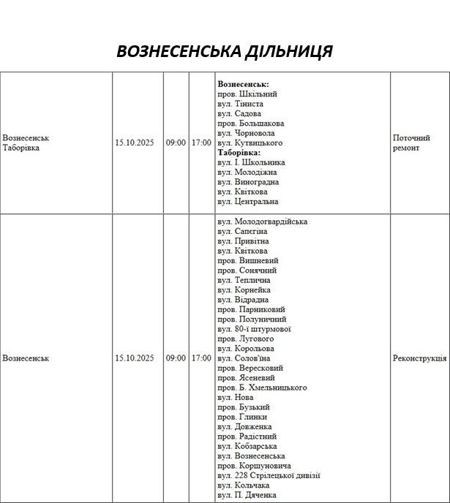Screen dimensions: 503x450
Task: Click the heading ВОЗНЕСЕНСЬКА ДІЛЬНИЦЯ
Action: pyautogui.click(x=225, y=51)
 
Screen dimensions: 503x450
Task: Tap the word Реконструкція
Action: pyautogui.click(x=419, y=358)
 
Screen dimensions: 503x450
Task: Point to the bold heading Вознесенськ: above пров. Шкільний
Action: pyautogui.click(x=243, y=84)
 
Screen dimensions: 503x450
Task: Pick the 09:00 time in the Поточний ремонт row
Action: pyautogui.click(x=176, y=143)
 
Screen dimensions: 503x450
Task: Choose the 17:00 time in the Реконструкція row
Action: pyautogui.click(x=201, y=358)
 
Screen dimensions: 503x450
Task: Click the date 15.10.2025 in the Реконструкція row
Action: pyautogui.click(x=134, y=358)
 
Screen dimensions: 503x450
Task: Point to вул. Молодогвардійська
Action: pyautogui.click(x=262, y=222)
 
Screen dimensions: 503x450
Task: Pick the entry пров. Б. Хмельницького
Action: pyautogui.click(x=262, y=387)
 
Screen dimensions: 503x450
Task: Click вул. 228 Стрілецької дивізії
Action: pyautogui.click(x=269, y=475)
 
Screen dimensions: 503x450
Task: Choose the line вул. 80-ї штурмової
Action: pyautogui.click(x=254, y=329)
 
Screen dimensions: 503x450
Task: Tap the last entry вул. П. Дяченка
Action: pyautogui.click(x=247, y=495)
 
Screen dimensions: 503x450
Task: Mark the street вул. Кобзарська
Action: pyautogui.click(x=247, y=446)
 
